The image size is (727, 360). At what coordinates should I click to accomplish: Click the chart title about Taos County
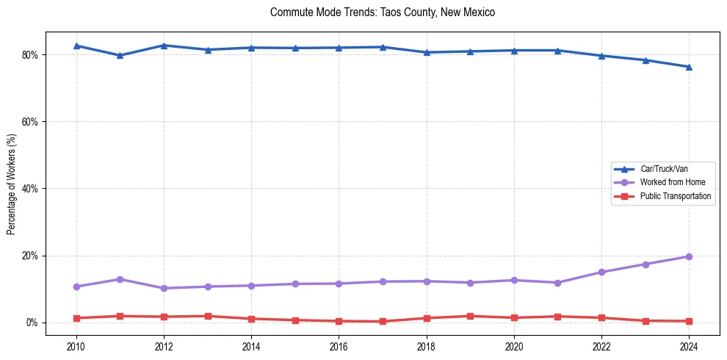tap(383, 12)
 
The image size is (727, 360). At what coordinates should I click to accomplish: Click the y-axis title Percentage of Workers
tap(12, 183)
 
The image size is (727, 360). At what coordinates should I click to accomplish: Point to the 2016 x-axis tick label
tap(339, 345)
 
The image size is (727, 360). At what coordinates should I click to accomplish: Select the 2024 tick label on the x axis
tap(689, 345)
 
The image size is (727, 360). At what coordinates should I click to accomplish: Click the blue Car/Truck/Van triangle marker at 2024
tap(689, 67)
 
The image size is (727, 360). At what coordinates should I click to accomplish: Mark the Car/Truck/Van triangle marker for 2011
tap(120, 55)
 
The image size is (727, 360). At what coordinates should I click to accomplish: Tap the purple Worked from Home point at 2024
tap(689, 256)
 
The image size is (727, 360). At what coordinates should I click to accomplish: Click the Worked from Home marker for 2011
tap(120, 279)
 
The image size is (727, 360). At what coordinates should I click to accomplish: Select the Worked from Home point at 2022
tap(601, 272)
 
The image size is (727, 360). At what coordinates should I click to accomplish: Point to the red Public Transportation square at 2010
tap(76, 318)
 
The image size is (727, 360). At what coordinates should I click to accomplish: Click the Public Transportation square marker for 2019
tap(470, 316)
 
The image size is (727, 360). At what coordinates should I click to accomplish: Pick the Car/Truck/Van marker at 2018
tap(427, 52)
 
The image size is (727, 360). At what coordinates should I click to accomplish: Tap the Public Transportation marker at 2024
tap(689, 321)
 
